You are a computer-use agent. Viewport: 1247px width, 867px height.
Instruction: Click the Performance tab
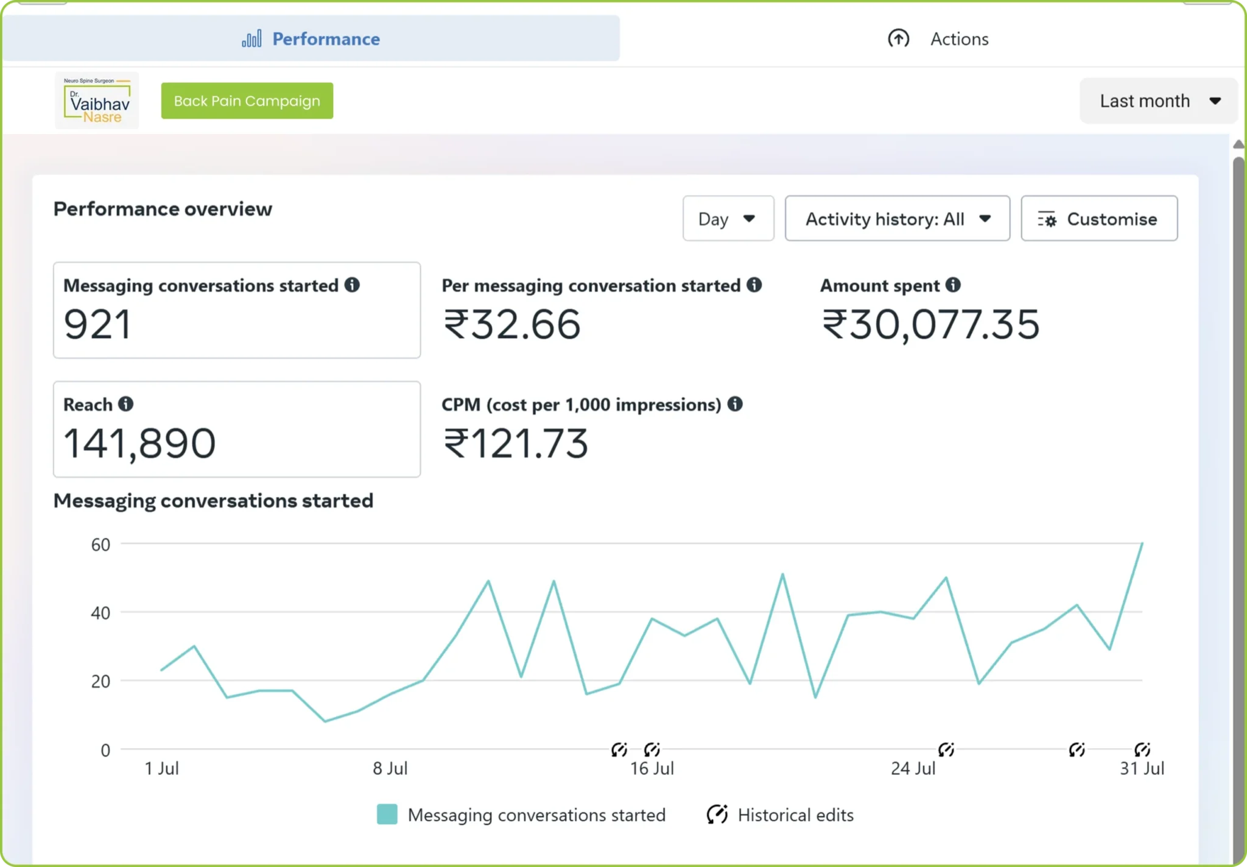(311, 38)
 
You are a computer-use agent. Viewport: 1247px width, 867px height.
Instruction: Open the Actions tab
(938, 38)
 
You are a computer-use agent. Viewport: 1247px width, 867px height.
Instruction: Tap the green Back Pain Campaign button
(247, 101)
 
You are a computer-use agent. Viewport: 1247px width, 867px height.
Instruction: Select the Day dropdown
(728, 218)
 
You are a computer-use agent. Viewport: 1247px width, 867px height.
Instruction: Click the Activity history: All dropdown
(897, 218)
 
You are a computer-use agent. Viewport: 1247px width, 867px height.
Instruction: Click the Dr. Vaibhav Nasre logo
(97, 101)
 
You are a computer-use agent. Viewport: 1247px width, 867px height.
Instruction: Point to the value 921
(97, 324)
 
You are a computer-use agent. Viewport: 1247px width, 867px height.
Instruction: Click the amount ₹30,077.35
(930, 324)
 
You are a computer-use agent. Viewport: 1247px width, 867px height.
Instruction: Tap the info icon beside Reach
(126, 404)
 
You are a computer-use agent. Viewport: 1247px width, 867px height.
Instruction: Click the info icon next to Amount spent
(954, 285)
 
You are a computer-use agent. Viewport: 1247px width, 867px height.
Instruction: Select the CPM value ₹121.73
(515, 443)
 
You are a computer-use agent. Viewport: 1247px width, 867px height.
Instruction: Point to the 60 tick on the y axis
(100, 544)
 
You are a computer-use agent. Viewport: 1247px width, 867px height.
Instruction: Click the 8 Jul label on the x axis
(390, 768)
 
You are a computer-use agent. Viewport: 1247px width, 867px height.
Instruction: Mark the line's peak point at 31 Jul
(1142, 542)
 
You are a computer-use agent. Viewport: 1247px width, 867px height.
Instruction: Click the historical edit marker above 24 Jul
(946, 749)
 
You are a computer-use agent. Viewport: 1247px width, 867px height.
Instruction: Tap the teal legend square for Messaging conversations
(387, 814)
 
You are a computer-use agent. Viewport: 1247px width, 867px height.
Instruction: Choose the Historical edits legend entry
(780, 815)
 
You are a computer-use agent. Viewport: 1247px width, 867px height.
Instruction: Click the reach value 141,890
(139, 443)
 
